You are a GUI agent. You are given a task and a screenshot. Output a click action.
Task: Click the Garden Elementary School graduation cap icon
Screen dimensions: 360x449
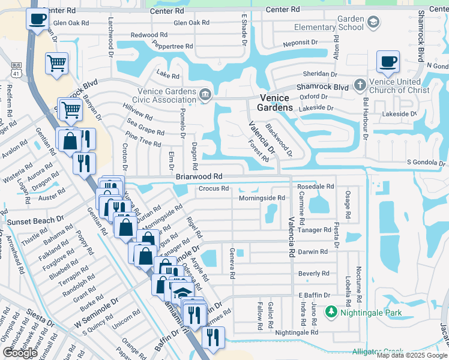click(374, 22)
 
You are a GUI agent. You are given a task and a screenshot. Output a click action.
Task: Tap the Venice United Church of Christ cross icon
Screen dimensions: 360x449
click(360, 84)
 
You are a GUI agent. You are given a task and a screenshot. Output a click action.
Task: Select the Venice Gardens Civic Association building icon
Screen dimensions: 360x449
click(205, 94)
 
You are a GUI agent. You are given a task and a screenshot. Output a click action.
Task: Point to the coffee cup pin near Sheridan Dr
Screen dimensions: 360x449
click(387, 61)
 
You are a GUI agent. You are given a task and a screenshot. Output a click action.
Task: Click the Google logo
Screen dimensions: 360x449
click(20, 353)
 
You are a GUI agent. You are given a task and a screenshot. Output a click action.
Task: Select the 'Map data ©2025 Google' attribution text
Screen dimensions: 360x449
click(411, 355)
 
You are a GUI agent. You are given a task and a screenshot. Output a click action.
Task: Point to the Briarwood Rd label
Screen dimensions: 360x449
click(199, 177)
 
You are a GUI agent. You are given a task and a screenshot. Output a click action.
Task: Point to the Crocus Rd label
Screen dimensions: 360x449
click(214, 188)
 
